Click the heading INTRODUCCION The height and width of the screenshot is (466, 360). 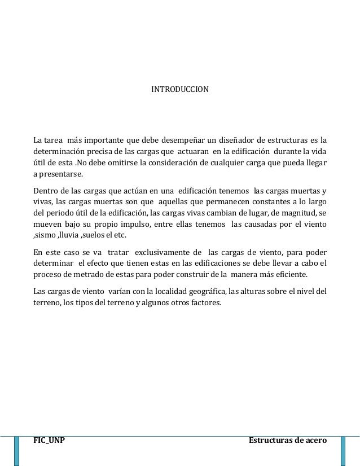pyautogui.click(x=179, y=90)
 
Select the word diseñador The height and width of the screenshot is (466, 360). pyautogui.click(x=238, y=139)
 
